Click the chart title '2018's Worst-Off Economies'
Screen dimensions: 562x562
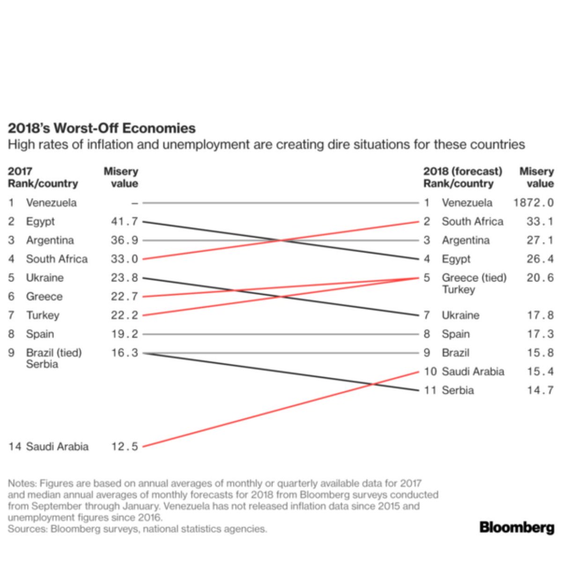pyautogui.click(x=102, y=128)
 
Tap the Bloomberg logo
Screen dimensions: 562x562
pyautogui.click(x=517, y=528)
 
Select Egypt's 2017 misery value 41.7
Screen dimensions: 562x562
pyautogui.click(x=124, y=222)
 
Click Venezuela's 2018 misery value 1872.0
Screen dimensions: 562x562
pyautogui.click(x=533, y=203)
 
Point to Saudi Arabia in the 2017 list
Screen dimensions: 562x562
pyautogui.click(x=57, y=446)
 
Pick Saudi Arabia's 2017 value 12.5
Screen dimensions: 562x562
pyautogui.click(x=125, y=446)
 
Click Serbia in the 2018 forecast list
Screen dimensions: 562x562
pyautogui.click(x=458, y=390)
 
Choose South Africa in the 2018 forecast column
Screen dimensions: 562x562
pyautogui.click(x=473, y=222)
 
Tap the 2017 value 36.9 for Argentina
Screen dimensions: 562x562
pyautogui.click(x=124, y=240)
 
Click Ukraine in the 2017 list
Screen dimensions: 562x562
pyautogui.click(x=44, y=278)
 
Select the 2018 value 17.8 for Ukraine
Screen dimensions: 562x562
pyautogui.click(x=540, y=315)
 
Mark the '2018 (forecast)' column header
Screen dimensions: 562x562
pyautogui.click(x=463, y=171)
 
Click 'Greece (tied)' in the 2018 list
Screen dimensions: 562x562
pyautogui.click(x=474, y=278)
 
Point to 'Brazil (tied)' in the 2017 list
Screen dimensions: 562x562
pyautogui.click(x=54, y=353)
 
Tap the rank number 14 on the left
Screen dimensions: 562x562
pyautogui.click(x=15, y=446)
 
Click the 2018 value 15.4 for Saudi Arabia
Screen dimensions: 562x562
pyautogui.click(x=540, y=371)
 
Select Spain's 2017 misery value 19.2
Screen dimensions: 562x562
pyautogui.click(x=125, y=334)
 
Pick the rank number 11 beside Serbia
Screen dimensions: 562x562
pyautogui.click(x=430, y=390)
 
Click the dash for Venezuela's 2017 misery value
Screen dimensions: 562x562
pyautogui.click(x=134, y=203)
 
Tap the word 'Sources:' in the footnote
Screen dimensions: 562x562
pyautogui.click(x=28, y=528)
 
